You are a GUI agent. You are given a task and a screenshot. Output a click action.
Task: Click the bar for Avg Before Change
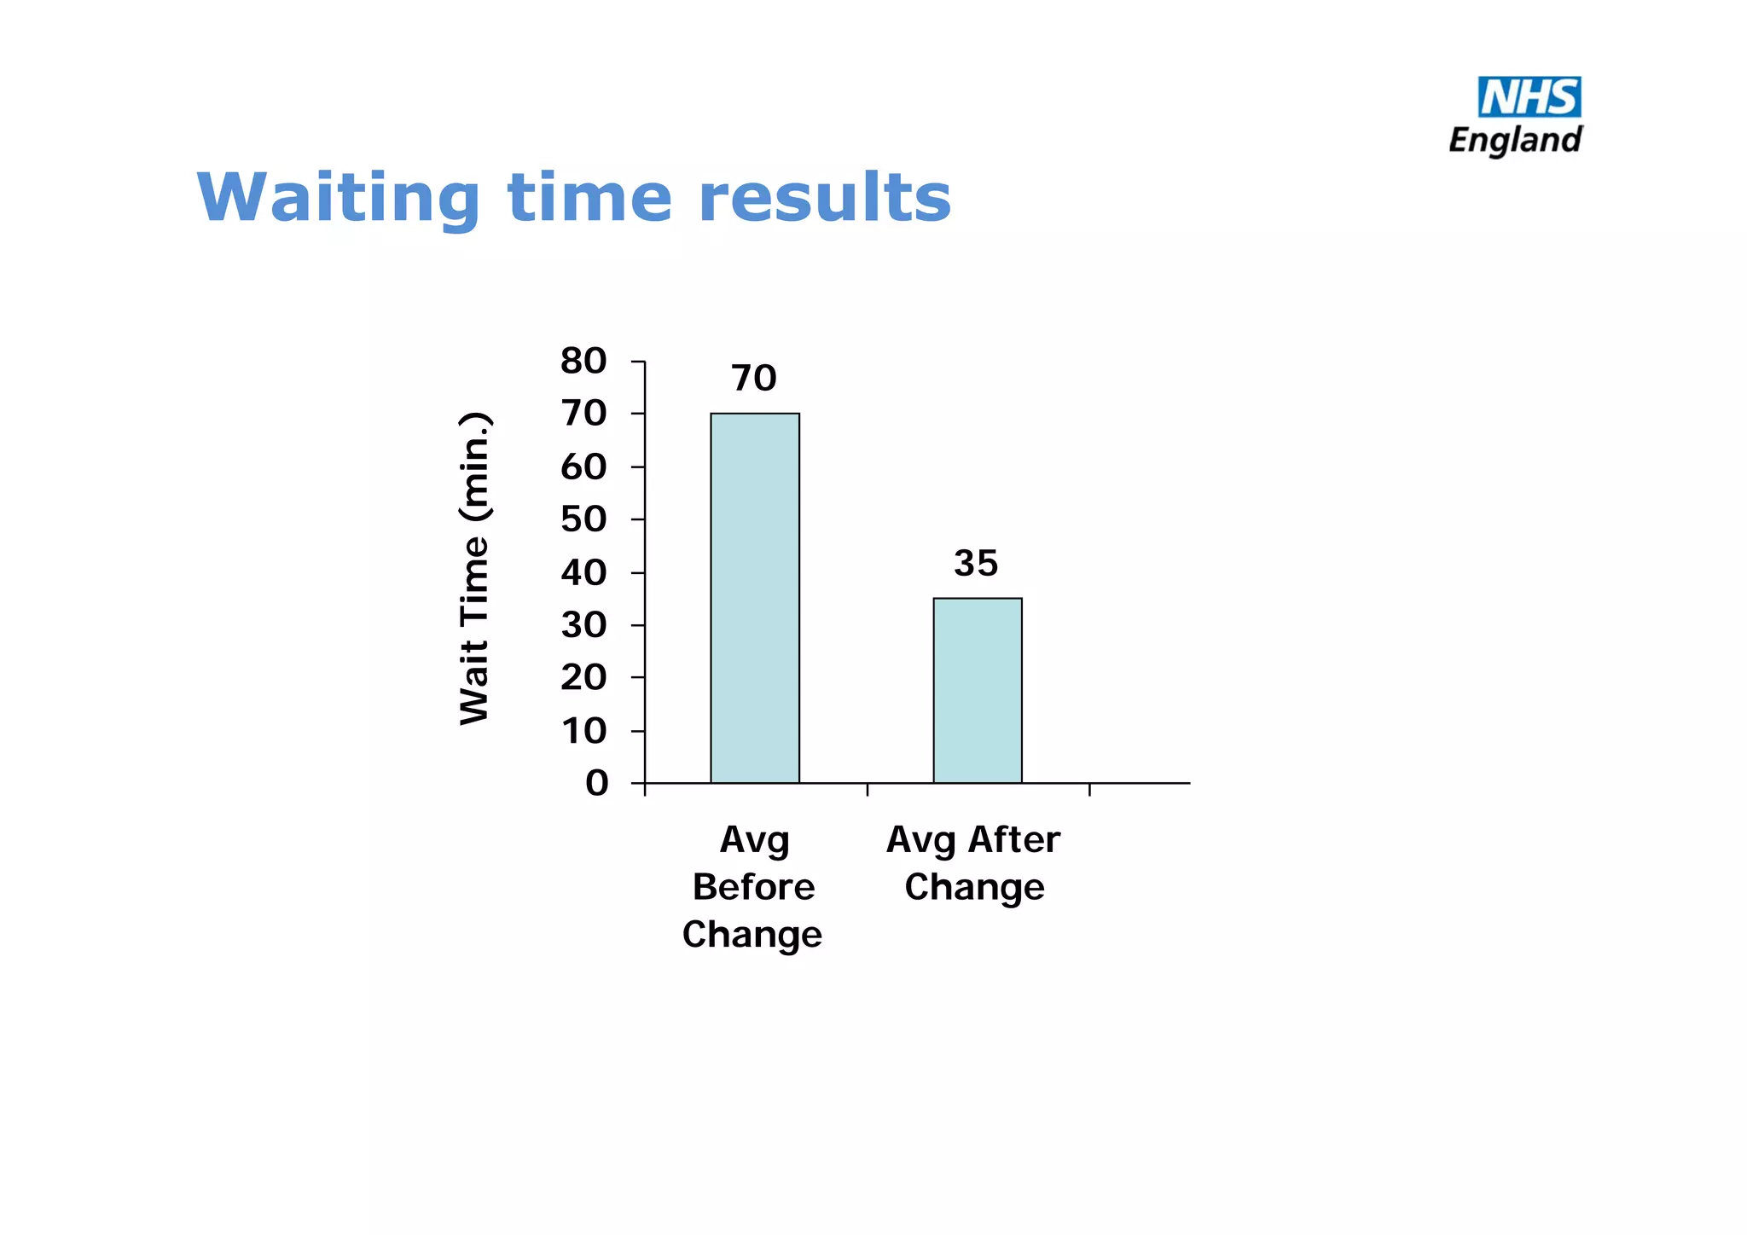755,597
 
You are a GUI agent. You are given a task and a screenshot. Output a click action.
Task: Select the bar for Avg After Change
978,690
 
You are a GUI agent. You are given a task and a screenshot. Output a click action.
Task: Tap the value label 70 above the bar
754,378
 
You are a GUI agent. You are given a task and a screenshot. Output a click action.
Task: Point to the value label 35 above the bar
976,563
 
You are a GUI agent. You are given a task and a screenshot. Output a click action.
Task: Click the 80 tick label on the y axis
583,361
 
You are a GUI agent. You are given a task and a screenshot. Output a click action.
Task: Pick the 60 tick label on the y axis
583,467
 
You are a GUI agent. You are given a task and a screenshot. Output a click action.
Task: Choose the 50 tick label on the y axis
583,519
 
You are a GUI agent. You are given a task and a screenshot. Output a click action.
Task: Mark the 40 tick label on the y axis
583,572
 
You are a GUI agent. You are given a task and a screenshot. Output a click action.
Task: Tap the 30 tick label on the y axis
583,625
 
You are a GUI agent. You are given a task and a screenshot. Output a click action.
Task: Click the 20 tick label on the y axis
583,678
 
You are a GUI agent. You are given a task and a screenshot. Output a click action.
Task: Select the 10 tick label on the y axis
583,731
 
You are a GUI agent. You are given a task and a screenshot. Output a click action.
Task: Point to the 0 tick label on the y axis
596,783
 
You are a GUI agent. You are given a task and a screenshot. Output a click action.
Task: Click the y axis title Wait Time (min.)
475,569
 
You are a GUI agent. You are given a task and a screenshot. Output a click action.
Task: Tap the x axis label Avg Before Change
753,887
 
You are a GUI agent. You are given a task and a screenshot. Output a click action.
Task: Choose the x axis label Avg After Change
974,863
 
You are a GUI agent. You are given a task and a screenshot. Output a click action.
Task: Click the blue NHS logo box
1529,96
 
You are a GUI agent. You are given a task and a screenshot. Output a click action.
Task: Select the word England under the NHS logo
1515,140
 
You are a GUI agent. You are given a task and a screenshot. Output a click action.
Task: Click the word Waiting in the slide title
339,198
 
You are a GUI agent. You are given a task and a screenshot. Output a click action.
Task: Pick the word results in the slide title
824,198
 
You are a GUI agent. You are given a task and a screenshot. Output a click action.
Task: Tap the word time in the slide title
589,198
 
